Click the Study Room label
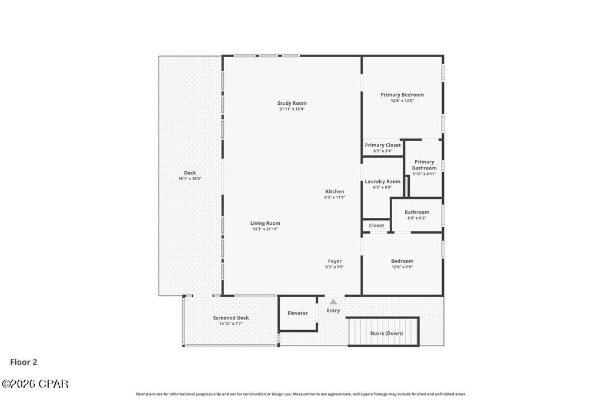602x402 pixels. tap(292, 104)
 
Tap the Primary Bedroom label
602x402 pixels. tap(402, 95)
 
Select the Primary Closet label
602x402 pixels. tap(383, 145)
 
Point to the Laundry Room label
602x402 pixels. tap(383, 182)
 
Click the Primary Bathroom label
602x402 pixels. tap(424, 165)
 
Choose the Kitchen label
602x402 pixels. tap(335, 192)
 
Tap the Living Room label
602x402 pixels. tap(265, 224)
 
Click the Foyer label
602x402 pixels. tap(335, 261)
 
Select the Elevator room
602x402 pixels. tap(297, 313)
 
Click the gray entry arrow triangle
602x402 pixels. tap(333, 302)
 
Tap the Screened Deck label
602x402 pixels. tap(231, 318)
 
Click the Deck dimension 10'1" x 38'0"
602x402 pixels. tap(190, 179)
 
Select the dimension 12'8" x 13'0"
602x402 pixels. tap(402, 101)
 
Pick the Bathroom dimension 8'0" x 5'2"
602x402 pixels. tap(417, 218)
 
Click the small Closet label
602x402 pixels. tap(377, 225)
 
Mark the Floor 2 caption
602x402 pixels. tap(24, 363)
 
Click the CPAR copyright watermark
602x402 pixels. tap(35, 384)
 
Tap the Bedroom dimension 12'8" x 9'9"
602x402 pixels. tap(402, 267)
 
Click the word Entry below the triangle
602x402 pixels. tap(333, 311)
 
